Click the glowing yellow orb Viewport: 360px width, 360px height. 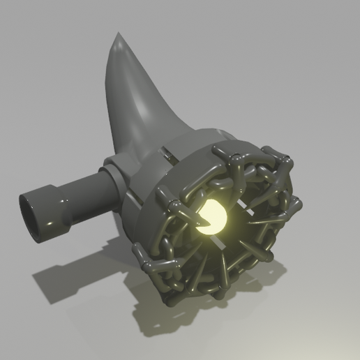[214, 218]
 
